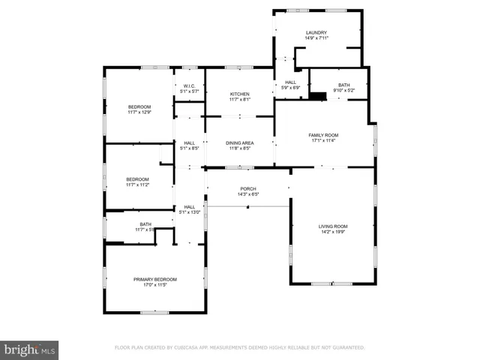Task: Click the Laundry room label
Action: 316,33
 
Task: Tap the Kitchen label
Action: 239,94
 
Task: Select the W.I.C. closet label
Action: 189,85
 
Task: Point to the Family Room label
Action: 324,136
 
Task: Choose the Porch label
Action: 247,189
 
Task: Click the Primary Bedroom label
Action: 154,279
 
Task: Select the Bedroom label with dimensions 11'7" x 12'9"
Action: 139,107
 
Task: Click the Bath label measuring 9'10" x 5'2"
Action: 343,85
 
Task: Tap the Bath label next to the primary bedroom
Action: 145,224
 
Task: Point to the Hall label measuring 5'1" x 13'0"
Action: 189,207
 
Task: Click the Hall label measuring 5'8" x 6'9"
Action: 290,82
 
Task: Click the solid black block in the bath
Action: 319,95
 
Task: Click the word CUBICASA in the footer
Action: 186,348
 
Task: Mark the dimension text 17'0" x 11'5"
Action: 154,285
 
